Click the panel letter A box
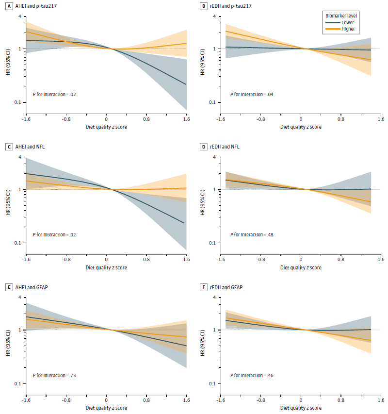click(x=9, y=6)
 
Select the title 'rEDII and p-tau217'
click(x=231, y=6)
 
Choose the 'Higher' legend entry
click(x=340, y=29)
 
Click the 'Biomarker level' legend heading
click(x=341, y=16)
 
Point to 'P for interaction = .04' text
click(x=252, y=94)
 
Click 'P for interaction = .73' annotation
click(x=54, y=375)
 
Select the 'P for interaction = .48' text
click(x=252, y=234)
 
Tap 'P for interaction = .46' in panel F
click(x=252, y=375)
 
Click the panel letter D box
click(x=203, y=147)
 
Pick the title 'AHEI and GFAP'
click(x=32, y=287)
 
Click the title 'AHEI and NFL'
click(x=30, y=147)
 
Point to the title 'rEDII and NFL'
click(x=225, y=147)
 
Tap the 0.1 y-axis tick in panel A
click(x=17, y=102)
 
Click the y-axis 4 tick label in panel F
click(x=214, y=298)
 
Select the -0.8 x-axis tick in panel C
click(x=66, y=259)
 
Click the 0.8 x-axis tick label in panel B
click(x=341, y=119)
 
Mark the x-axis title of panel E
click(x=106, y=408)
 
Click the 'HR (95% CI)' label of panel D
click(x=203, y=202)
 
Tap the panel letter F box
click(x=203, y=287)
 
